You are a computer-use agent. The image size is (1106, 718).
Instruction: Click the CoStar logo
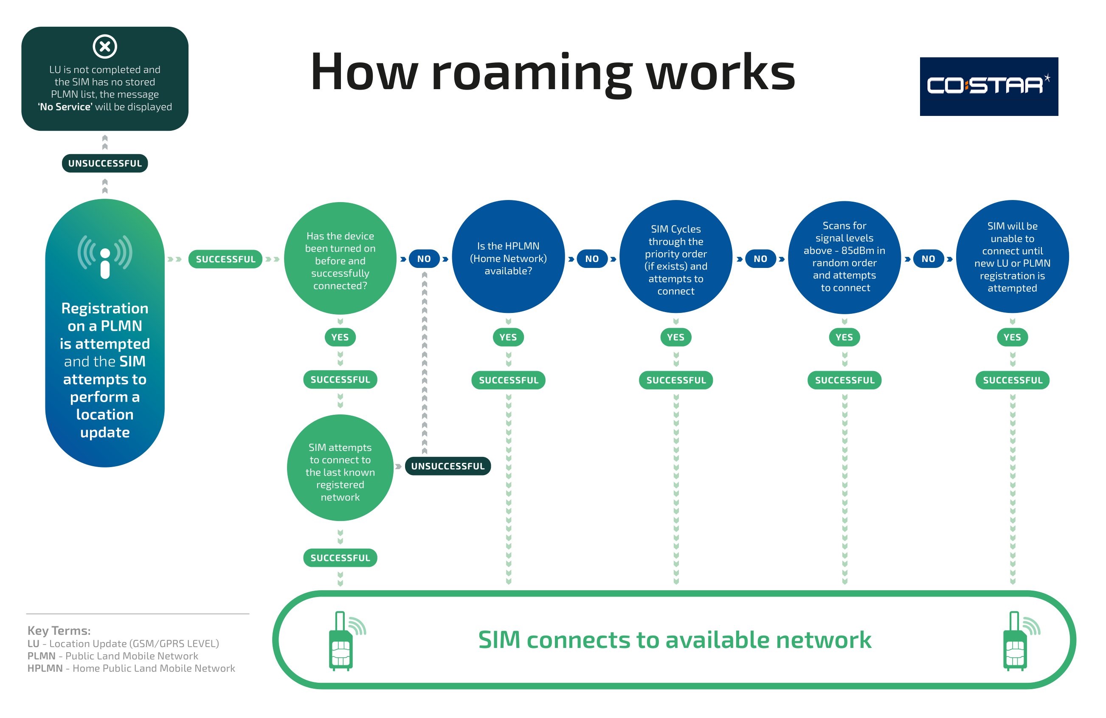[988, 87]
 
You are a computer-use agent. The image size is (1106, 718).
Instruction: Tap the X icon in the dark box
[105, 46]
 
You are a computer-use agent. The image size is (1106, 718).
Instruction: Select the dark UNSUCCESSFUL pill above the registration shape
[105, 163]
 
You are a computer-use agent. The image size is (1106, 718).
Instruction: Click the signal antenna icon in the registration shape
[105, 256]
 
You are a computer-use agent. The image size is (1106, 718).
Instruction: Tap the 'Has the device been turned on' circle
[340, 259]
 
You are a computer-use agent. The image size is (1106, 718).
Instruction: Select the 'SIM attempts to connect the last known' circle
[340, 468]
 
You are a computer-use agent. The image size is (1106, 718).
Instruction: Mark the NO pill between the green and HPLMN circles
[424, 259]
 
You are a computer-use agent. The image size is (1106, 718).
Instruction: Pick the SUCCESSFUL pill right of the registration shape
[225, 259]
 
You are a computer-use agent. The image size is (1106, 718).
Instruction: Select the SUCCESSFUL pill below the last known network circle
[340, 558]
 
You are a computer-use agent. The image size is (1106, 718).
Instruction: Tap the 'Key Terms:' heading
[59, 631]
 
